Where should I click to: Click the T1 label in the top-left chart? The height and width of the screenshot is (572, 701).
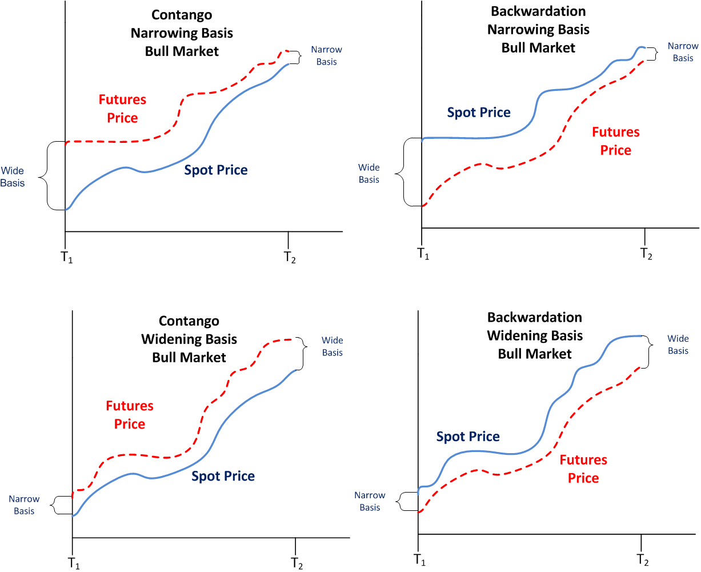(67, 257)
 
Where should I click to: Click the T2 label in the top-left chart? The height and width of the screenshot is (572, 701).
(290, 257)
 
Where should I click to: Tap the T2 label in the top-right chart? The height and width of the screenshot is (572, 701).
(646, 254)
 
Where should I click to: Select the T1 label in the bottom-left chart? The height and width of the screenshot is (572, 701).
(74, 563)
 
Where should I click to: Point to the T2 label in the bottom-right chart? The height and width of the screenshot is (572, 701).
(643, 559)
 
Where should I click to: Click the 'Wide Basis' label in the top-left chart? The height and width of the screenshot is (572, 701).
(13, 177)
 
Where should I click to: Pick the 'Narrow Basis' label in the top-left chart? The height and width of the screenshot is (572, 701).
(326, 56)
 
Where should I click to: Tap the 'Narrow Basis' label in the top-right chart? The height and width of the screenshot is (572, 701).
(683, 52)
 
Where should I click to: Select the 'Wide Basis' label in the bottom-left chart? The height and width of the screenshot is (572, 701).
(332, 346)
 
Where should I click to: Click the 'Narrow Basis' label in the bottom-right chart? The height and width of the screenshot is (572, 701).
(370, 501)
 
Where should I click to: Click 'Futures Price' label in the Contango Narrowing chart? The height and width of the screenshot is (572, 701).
(122, 109)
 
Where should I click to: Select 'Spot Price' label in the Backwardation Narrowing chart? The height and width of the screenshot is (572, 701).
(479, 113)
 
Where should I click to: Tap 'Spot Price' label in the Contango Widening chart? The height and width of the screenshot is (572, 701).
(223, 476)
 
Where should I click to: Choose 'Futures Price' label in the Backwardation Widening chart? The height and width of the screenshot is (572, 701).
(583, 469)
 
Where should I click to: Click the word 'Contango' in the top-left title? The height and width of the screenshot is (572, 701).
(182, 15)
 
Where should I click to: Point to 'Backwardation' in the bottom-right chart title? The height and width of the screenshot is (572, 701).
(535, 317)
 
